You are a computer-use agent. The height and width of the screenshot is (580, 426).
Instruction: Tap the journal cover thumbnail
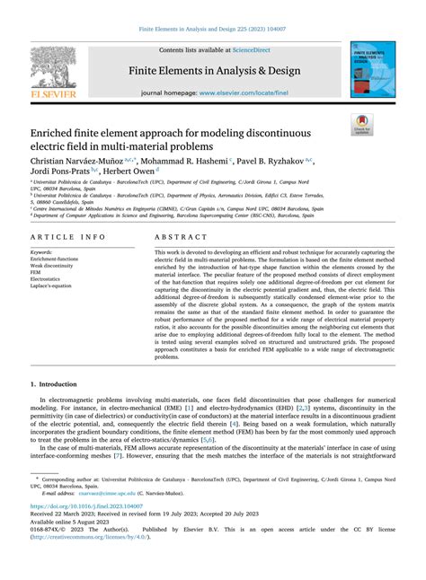click(x=368, y=69)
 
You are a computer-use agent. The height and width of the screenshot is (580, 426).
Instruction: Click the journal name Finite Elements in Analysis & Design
click(x=213, y=70)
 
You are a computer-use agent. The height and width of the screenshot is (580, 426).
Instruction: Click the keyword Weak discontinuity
click(x=53, y=266)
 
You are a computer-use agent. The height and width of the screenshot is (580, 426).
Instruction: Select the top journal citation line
click(x=213, y=29)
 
